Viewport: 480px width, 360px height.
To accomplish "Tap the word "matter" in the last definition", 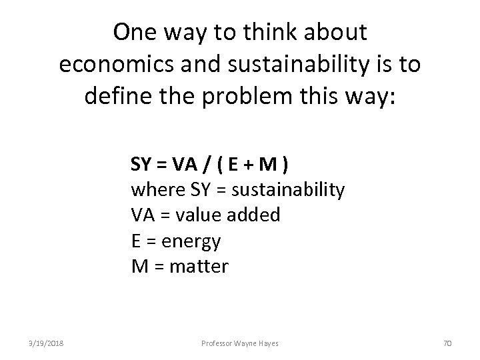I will pos(199,267).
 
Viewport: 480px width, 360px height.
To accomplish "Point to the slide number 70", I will pos(448,342).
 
